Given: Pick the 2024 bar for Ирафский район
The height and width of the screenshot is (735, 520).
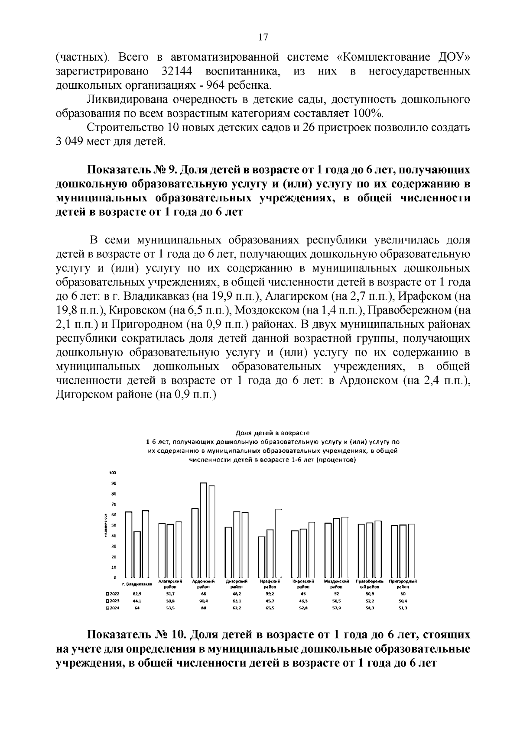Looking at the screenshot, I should click(278, 543).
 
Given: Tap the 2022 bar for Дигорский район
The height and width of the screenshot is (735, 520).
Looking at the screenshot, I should click(228, 552).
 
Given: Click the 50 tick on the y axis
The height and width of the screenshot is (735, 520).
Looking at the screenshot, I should click(114, 525).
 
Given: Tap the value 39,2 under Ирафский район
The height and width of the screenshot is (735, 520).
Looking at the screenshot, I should click(270, 594).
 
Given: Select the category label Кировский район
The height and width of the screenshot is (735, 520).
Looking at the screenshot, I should click(303, 584).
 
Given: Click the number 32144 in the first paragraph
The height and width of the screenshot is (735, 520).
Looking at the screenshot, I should click(176, 71).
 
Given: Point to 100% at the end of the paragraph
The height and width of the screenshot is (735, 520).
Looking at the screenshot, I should click(371, 114).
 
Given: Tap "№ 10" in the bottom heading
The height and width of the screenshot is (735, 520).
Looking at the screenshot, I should click(170, 635).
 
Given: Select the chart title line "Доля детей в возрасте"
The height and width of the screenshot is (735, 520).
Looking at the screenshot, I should click(272, 432).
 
